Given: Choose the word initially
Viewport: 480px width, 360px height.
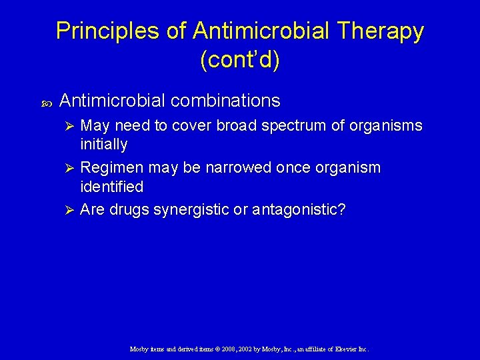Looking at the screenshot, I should click(x=103, y=144).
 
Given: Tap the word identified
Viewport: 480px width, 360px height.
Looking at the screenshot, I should click(x=111, y=186).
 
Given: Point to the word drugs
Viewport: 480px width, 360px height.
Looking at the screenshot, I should click(x=129, y=210).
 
